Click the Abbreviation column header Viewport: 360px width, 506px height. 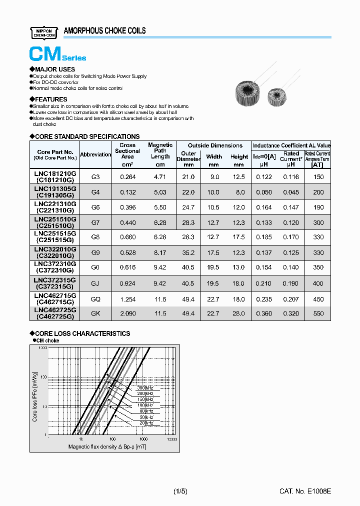[x=95, y=154]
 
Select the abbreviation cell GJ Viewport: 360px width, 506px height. [x=95, y=283]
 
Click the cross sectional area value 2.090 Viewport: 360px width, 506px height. [x=127, y=313]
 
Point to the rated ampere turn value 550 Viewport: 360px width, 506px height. [x=318, y=313]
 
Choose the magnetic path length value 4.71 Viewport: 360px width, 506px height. [x=160, y=177]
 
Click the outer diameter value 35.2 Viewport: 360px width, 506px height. [x=188, y=253]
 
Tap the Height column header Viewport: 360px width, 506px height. [x=239, y=156]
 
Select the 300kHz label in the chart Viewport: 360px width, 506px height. [x=145, y=387]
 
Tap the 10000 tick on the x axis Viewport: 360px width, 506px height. [x=171, y=439]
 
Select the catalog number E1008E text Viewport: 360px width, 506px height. [x=305, y=491]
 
